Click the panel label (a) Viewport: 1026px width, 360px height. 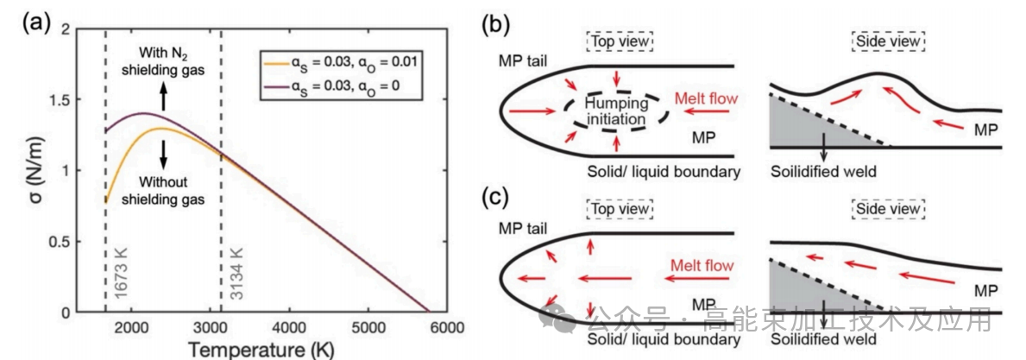coord(38,23)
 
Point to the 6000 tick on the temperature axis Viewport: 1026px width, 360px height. coord(447,329)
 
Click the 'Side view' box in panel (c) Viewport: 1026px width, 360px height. coord(888,209)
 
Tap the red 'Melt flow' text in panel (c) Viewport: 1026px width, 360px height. coord(701,266)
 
